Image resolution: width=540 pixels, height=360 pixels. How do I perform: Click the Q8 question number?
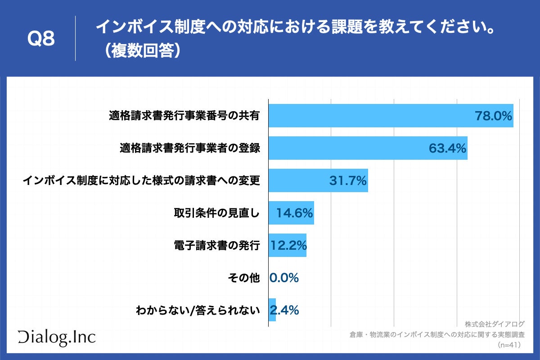[x=41, y=40]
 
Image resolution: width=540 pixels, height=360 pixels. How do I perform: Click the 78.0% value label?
[x=494, y=116]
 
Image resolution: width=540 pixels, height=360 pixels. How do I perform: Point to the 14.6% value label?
[x=294, y=213]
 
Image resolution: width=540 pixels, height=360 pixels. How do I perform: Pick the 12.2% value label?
[x=288, y=246]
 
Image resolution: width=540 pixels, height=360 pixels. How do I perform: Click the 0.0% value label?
[x=284, y=278]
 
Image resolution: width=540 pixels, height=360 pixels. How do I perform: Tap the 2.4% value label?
[x=284, y=310]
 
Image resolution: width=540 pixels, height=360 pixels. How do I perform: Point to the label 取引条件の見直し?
[x=217, y=213]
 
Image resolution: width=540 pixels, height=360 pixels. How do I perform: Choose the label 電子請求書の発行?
[x=217, y=245]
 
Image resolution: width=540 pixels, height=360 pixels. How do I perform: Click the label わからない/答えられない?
[x=198, y=310]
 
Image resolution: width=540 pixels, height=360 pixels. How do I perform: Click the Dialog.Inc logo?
[x=57, y=337]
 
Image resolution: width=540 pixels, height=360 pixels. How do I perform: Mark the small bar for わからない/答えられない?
[x=272, y=310]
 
